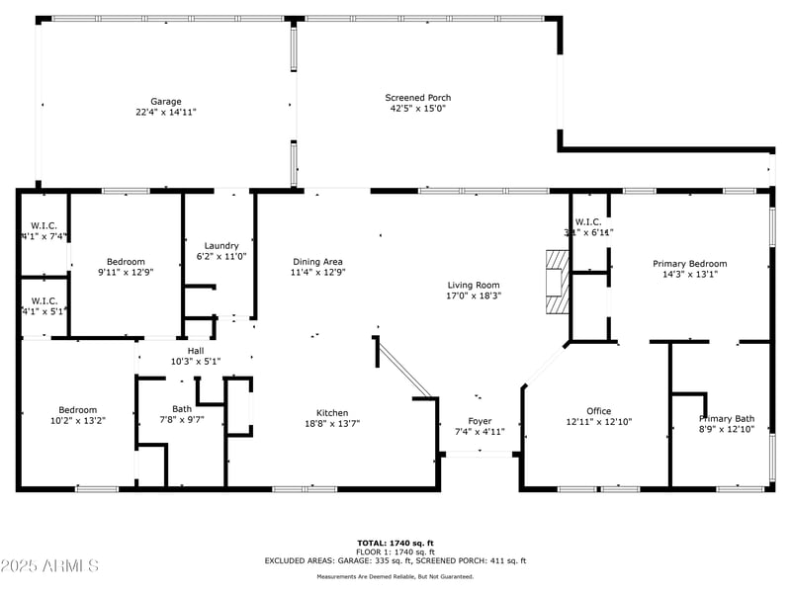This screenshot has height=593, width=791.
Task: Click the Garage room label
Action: pyautogui.click(x=165, y=101)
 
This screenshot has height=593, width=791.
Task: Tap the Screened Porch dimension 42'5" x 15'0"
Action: pyautogui.click(x=417, y=109)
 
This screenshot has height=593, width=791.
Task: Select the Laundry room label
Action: pyautogui.click(x=221, y=245)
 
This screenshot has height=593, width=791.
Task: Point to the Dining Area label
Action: pyautogui.click(x=317, y=261)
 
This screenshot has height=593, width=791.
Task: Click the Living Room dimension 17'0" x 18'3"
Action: pyautogui.click(x=473, y=296)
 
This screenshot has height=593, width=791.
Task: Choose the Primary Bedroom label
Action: pyautogui.click(x=689, y=264)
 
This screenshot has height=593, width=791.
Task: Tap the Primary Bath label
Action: pyautogui.click(x=726, y=418)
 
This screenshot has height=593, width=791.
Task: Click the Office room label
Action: pyautogui.click(x=598, y=411)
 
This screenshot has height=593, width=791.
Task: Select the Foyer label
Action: pyautogui.click(x=480, y=421)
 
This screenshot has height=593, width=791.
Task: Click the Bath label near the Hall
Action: pyautogui.click(x=182, y=408)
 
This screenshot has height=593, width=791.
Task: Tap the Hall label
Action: pyautogui.click(x=196, y=350)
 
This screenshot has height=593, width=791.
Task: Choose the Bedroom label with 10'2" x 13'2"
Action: pyautogui.click(x=77, y=409)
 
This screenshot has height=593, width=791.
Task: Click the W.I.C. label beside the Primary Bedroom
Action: pyautogui.click(x=587, y=221)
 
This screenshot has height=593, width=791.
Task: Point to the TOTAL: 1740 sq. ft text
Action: pyautogui.click(x=395, y=543)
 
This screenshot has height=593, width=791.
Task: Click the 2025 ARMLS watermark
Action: pyautogui.click(x=49, y=566)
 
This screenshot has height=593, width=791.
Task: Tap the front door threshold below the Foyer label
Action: pyautogui.click(x=480, y=454)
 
